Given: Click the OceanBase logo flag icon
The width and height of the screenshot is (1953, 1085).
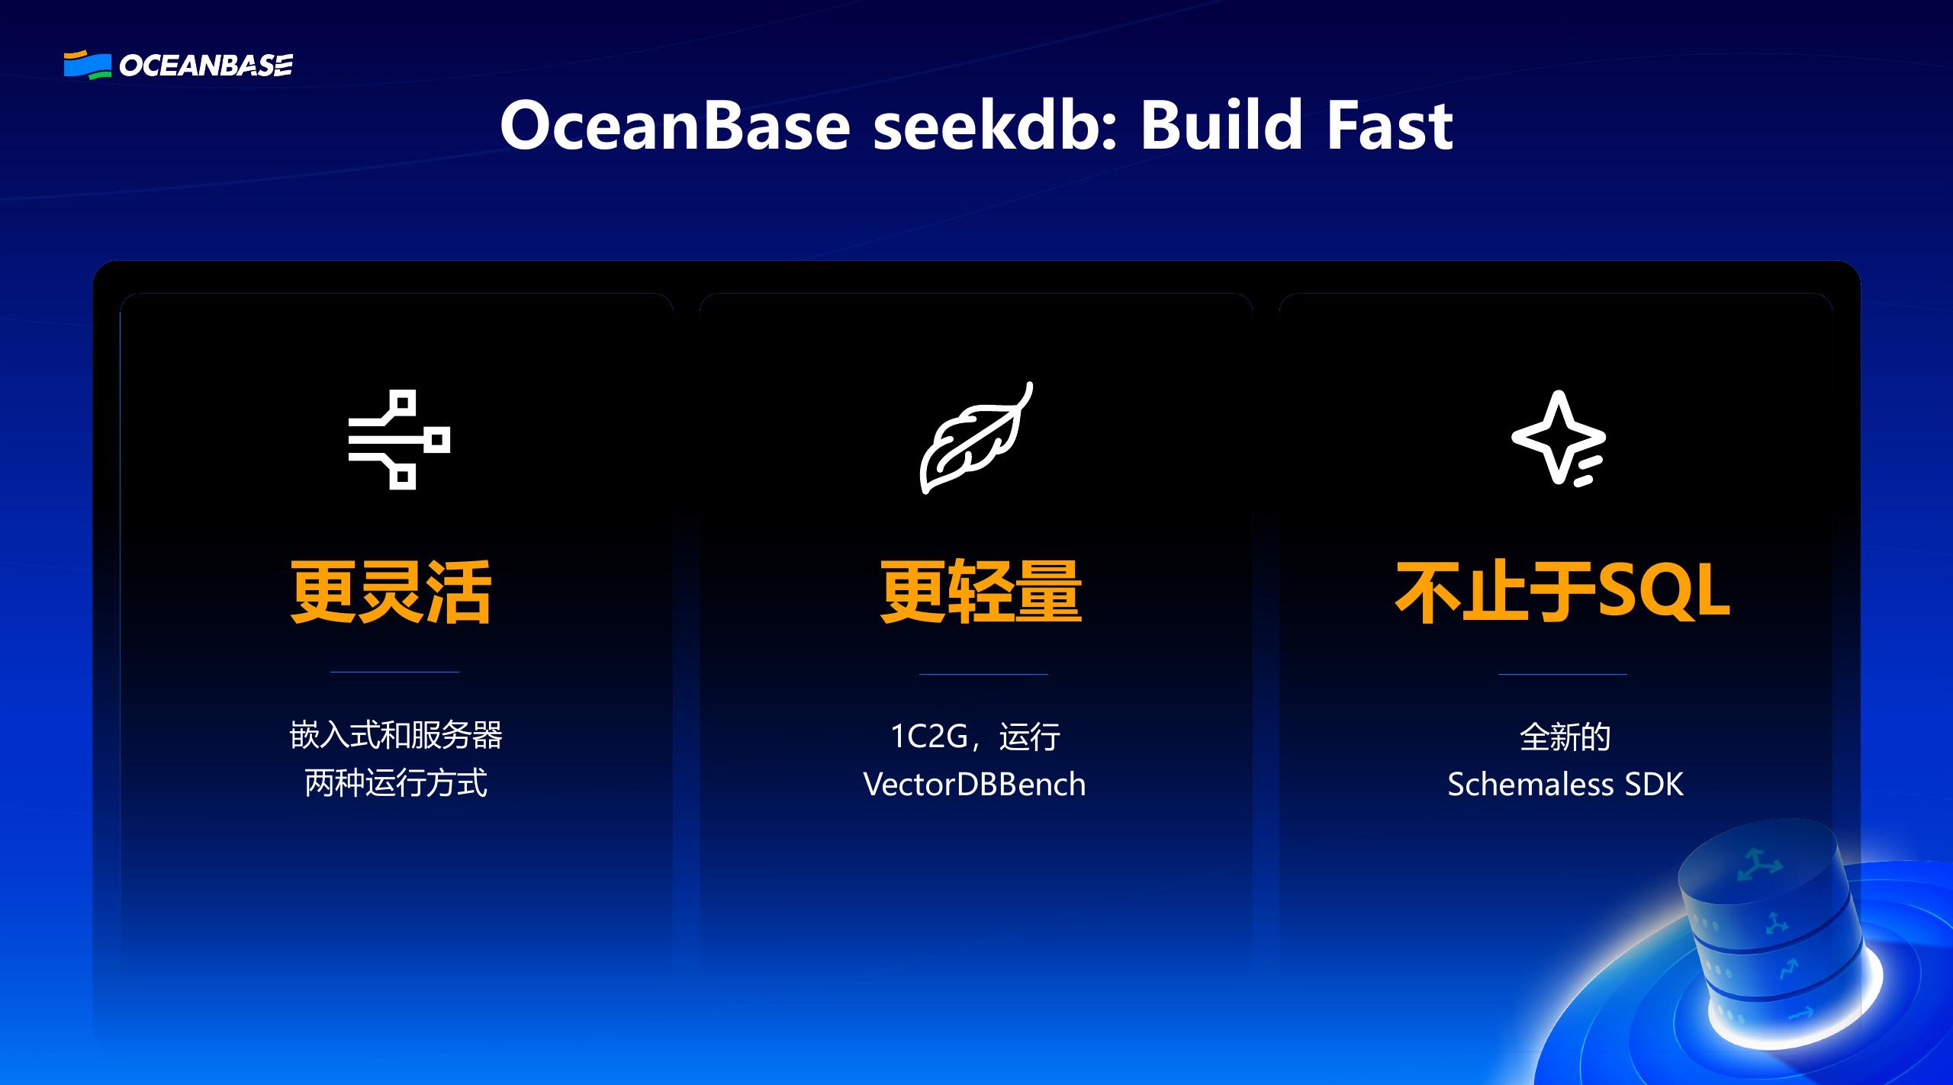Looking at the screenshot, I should (87, 66).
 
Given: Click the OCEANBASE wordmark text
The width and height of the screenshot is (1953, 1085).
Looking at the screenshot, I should (206, 66).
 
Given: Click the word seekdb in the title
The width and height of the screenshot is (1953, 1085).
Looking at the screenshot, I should (993, 126).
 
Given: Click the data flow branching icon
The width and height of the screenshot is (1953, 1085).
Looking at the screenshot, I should (399, 440).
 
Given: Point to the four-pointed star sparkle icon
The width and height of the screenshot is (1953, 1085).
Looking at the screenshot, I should (1558, 438).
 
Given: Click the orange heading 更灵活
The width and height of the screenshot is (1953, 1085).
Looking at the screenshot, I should (391, 592).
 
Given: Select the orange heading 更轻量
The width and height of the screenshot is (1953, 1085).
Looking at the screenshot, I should (980, 592).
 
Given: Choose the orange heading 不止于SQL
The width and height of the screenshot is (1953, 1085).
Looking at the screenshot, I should (1562, 592).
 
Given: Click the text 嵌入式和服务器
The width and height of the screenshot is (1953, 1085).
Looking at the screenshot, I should (396, 736).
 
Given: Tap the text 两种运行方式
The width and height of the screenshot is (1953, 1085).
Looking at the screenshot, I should (396, 784).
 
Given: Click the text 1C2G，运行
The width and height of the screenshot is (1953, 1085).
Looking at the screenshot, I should (975, 737).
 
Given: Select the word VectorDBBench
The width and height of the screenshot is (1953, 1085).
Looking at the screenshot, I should (974, 785).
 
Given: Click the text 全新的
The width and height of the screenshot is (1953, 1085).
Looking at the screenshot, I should (1565, 737).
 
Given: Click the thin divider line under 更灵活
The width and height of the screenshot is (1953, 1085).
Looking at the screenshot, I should (394, 672).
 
